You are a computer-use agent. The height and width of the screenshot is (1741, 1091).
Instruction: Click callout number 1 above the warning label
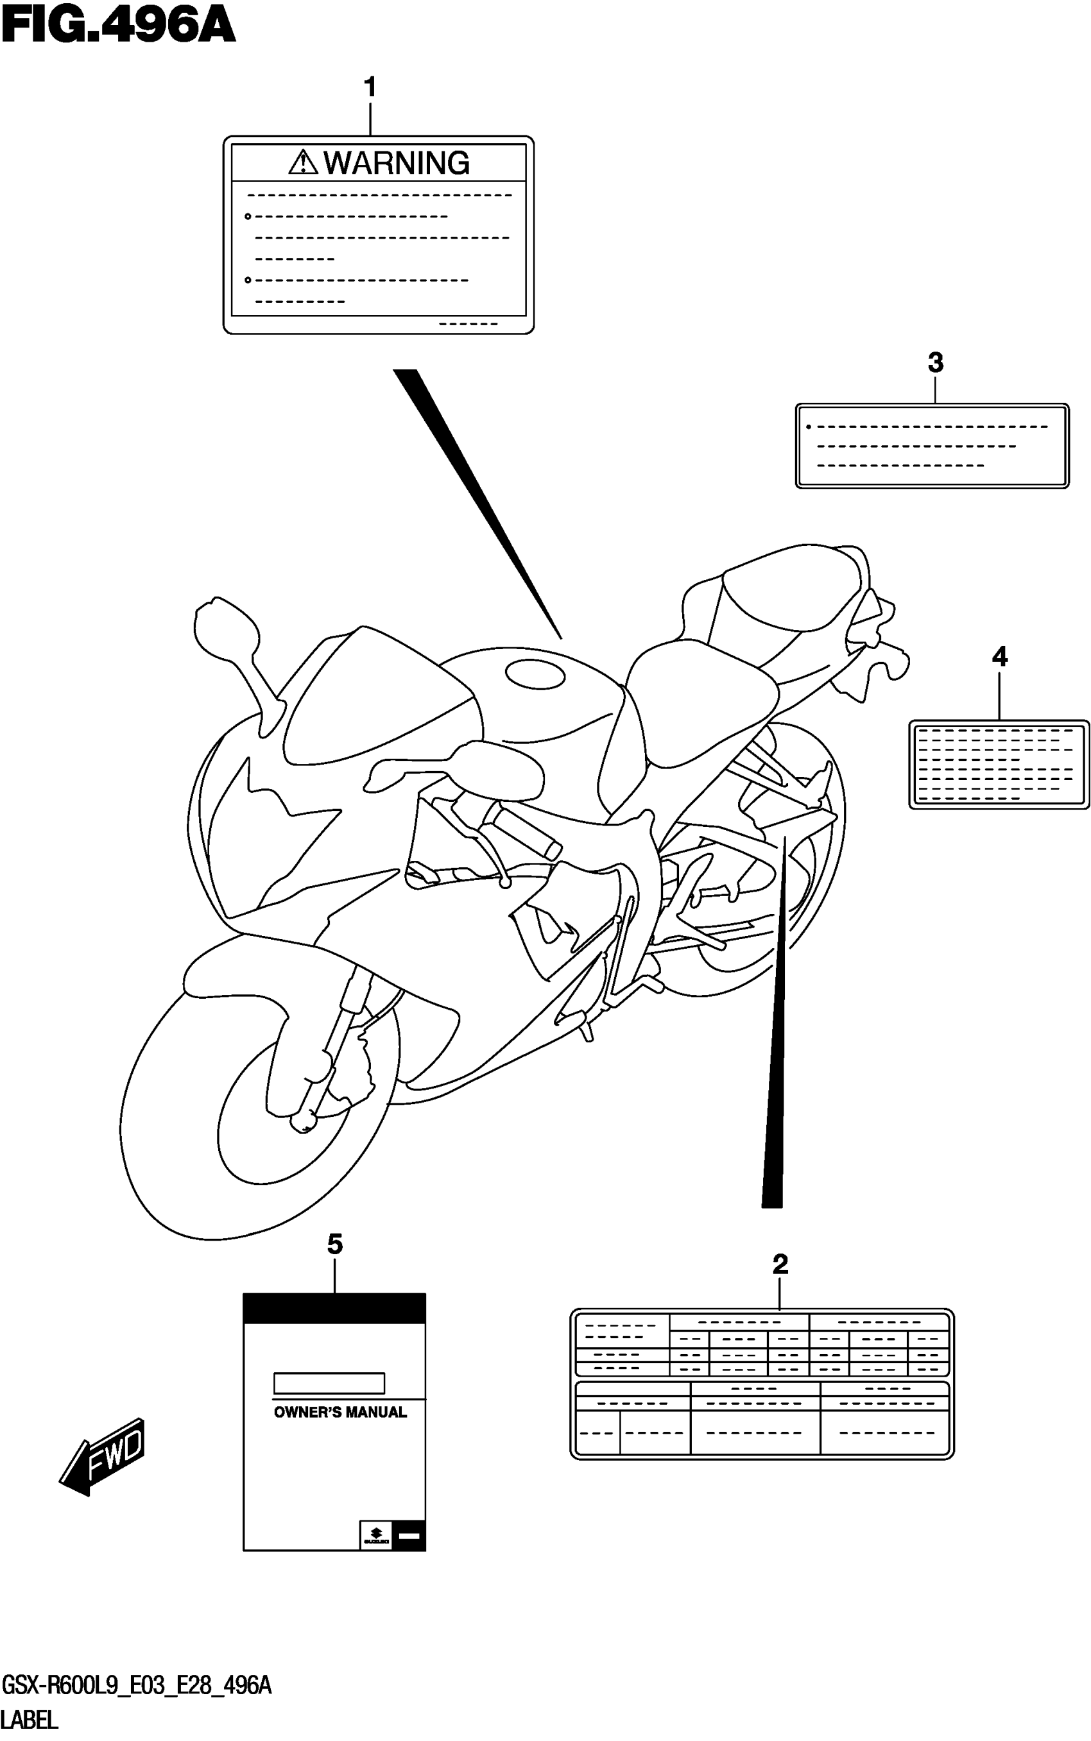click(x=370, y=88)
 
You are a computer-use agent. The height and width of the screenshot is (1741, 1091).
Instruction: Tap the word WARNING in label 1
click(x=396, y=163)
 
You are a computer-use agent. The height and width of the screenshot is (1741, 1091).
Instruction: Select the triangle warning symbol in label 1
click(x=303, y=162)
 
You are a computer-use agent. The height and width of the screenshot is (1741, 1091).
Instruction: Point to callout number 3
click(x=935, y=363)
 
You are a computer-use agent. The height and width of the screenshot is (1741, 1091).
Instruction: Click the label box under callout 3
click(x=932, y=446)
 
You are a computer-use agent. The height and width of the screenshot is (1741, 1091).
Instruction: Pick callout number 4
click(x=999, y=657)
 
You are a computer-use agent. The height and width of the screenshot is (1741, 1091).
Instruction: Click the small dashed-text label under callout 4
click(x=999, y=765)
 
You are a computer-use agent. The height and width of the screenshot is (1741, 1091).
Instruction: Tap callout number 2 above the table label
click(x=780, y=1284)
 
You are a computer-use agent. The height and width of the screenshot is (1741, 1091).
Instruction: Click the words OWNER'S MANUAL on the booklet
click(x=340, y=1432)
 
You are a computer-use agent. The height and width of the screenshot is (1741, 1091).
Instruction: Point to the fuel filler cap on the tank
click(x=535, y=675)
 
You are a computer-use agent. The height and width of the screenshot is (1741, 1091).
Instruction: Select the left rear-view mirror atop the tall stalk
click(x=225, y=627)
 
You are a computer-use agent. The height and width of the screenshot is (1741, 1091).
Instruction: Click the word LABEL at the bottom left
click(x=30, y=1719)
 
